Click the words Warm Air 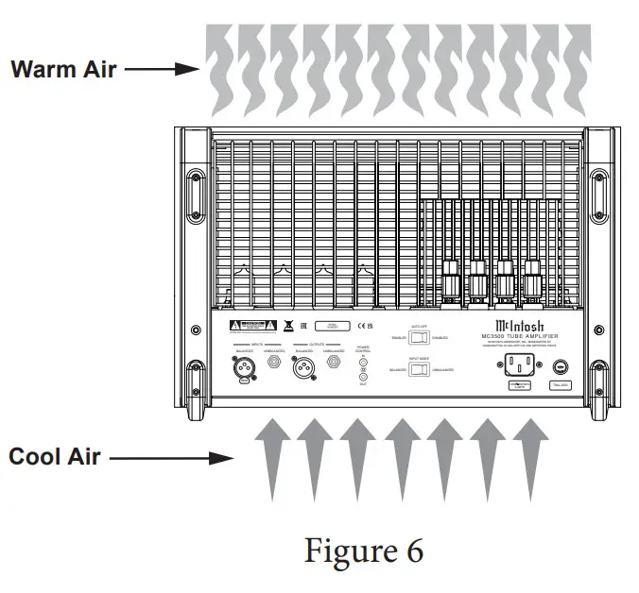click(x=62, y=69)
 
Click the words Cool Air click(x=55, y=457)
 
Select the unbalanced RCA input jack click(x=275, y=361)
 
